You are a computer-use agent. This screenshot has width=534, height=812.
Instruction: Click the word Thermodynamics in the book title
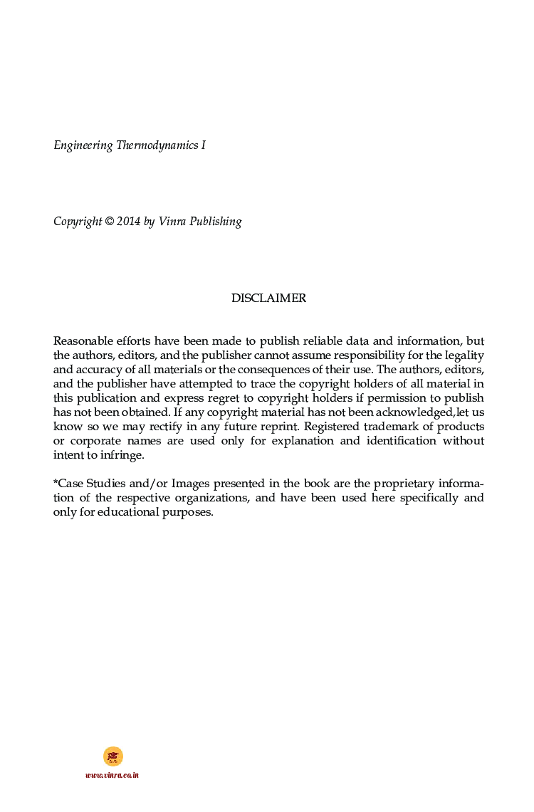(x=157, y=146)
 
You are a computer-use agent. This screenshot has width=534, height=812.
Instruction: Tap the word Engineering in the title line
(x=83, y=146)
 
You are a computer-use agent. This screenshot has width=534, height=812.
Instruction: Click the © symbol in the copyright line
(x=109, y=222)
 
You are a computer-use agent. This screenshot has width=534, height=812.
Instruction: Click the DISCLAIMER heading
(x=268, y=298)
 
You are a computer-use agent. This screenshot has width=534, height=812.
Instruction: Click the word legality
(x=464, y=355)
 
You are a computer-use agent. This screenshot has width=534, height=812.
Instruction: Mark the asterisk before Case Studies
(x=56, y=482)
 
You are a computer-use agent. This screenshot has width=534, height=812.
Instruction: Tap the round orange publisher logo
(x=112, y=756)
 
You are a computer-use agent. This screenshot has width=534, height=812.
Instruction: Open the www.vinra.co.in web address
(x=112, y=775)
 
